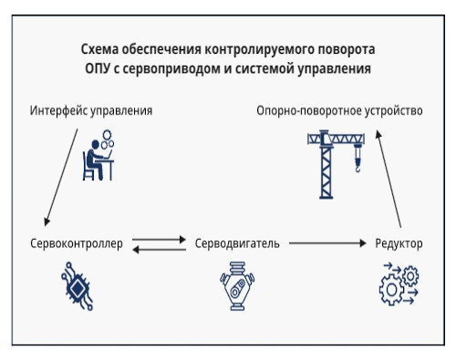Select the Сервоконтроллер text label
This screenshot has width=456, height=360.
point(76,244)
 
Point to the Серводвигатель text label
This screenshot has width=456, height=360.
point(236,244)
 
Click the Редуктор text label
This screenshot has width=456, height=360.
point(398,244)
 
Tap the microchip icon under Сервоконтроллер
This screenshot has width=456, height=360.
point(76,284)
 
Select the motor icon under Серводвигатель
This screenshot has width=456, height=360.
point(236,286)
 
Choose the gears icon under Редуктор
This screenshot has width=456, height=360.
point(398,284)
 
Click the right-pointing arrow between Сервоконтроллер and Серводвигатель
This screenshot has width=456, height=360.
point(158,239)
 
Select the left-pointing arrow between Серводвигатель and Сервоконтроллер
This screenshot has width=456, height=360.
point(158,250)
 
